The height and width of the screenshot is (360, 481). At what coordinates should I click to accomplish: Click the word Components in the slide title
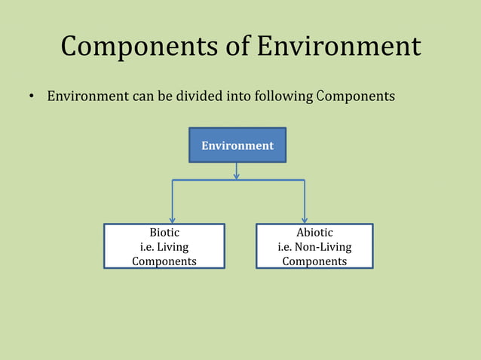pyautogui.click(x=139, y=47)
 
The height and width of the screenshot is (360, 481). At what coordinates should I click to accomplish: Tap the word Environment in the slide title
pyautogui.click(x=339, y=47)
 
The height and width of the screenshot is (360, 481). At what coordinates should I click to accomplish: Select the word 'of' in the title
pyautogui.click(x=240, y=47)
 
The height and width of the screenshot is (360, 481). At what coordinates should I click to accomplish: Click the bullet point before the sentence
pyautogui.click(x=32, y=97)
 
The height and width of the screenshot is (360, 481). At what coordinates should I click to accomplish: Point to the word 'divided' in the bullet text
pyautogui.click(x=203, y=96)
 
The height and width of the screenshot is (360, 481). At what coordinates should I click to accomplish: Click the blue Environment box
pyautogui.click(x=237, y=145)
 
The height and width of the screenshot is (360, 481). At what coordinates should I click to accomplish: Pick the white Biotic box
pyautogui.click(x=164, y=246)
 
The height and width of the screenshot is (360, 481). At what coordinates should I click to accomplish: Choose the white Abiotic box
pyautogui.click(x=314, y=246)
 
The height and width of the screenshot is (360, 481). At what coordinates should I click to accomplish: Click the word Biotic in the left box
pyautogui.click(x=164, y=233)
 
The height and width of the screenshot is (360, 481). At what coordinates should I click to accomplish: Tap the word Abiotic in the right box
pyautogui.click(x=314, y=233)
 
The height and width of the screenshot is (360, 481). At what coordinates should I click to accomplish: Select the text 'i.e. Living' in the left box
pyautogui.click(x=164, y=247)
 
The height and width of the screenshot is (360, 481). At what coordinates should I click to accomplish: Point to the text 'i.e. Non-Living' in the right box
pyautogui.click(x=314, y=247)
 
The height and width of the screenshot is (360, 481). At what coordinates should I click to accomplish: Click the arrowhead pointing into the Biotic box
pyautogui.click(x=173, y=220)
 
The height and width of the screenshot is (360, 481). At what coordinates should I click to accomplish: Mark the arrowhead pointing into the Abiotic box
pyautogui.click(x=305, y=220)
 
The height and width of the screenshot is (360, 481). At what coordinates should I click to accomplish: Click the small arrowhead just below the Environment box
pyautogui.click(x=237, y=176)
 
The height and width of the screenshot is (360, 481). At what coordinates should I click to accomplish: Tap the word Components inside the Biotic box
pyautogui.click(x=164, y=261)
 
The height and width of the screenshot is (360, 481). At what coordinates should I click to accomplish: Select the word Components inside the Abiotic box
pyautogui.click(x=314, y=261)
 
